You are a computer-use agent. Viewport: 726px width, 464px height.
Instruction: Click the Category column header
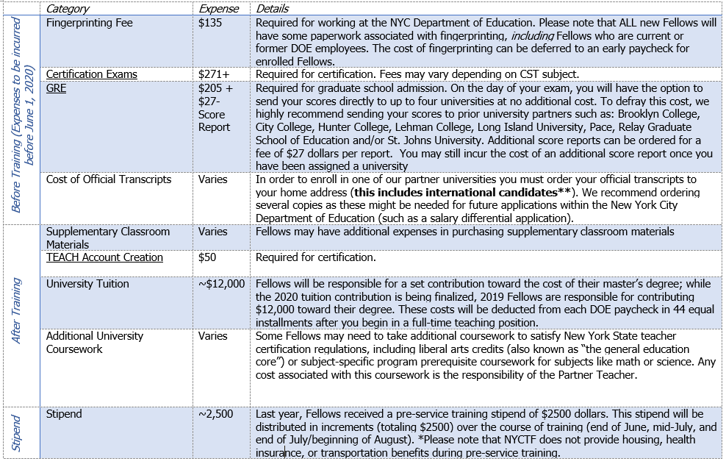click(68, 9)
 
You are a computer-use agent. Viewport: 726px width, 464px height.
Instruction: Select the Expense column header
click(219, 9)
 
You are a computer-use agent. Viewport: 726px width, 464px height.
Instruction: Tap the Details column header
click(272, 9)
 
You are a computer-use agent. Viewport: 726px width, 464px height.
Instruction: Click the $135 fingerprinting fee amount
click(209, 23)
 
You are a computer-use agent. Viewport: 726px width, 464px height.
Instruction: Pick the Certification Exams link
click(92, 74)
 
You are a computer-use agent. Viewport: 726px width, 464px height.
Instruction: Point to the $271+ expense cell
click(214, 74)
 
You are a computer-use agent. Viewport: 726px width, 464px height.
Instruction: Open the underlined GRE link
click(57, 88)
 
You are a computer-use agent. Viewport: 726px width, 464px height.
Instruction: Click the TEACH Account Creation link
click(104, 257)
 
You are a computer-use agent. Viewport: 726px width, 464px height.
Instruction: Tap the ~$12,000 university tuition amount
click(221, 284)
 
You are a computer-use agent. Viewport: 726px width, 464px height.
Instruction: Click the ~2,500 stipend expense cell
click(215, 414)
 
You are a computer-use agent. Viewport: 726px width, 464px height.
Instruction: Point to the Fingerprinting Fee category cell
click(89, 23)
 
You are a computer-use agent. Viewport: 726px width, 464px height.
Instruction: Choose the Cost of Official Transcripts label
click(109, 179)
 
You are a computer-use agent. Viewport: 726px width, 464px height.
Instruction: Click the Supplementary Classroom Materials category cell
click(108, 238)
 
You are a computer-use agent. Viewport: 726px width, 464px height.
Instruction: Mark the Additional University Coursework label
click(95, 342)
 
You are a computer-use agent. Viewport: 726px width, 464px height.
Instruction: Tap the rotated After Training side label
click(17, 310)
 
